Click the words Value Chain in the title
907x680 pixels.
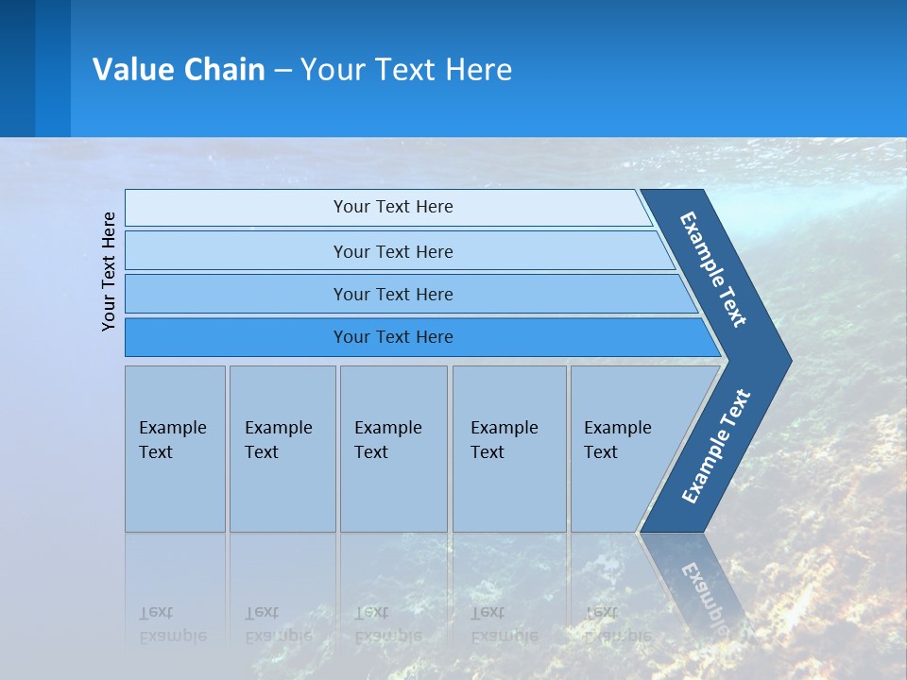(179, 70)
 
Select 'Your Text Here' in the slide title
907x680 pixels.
(406, 70)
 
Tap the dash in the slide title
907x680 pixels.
(282, 71)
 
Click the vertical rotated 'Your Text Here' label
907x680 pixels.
(109, 271)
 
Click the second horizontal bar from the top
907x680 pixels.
(392, 251)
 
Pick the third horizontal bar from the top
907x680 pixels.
(392, 294)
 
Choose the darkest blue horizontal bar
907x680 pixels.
(392, 337)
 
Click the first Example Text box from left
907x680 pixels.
(175, 449)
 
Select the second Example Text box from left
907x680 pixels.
(282, 449)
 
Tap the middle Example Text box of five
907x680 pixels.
(393, 449)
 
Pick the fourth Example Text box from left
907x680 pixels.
(509, 449)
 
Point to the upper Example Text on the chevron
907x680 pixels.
(713, 269)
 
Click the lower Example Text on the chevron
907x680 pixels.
(716, 446)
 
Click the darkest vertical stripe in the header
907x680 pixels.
(17, 68)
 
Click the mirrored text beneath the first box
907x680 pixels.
(173, 623)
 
